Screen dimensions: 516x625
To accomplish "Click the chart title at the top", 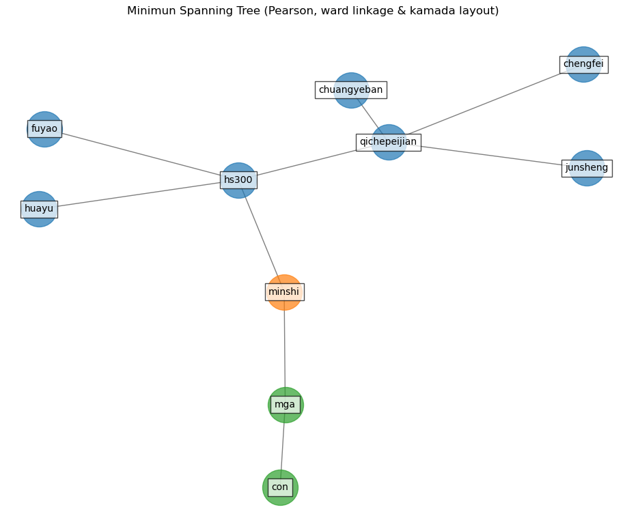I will [313, 11].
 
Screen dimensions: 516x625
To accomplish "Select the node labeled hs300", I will [238, 180].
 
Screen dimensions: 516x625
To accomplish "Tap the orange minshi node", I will [284, 292].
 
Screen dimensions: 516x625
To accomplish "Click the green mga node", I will [286, 405].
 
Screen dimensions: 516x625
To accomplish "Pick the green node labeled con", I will [280, 487].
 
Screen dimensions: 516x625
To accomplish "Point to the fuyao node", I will [44, 129].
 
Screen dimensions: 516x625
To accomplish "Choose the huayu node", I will [39, 209].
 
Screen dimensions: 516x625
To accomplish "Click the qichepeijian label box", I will [388, 142].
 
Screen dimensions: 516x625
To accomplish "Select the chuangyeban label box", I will [350, 90].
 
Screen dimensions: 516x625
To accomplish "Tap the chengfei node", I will [583, 64].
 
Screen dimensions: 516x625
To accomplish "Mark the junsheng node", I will [587, 168].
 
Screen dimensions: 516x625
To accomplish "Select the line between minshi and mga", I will [285, 348].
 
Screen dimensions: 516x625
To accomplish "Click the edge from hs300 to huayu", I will [137, 195].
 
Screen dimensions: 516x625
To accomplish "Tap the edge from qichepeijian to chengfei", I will [485, 103].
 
